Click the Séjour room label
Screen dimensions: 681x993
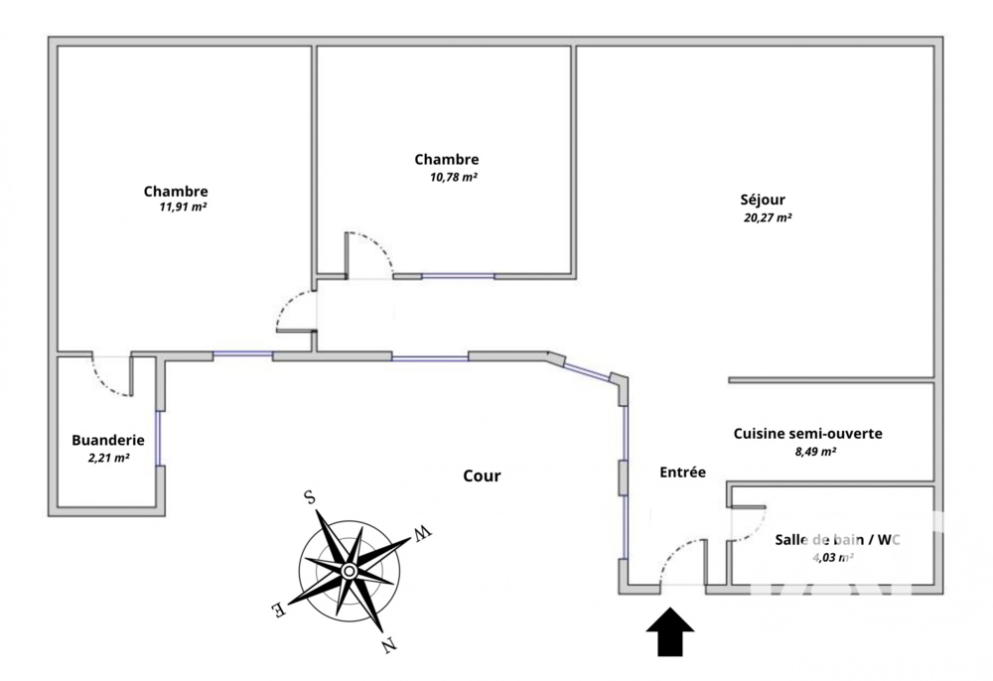[x=764, y=200]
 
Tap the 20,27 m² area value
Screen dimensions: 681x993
[x=768, y=218]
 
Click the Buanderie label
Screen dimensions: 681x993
[x=108, y=441]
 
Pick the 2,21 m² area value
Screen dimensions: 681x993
[x=108, y=459]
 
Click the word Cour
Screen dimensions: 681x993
[x=482, y=477]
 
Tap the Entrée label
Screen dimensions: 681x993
[x=682, y=474]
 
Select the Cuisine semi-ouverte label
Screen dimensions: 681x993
[x=807, y=434]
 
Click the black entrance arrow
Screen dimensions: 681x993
[x=672, y=632]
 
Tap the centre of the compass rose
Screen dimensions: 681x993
[x=350, y=571]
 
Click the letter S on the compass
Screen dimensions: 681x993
[x=310, y=498]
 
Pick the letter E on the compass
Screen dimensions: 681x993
[x=281, y=610]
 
